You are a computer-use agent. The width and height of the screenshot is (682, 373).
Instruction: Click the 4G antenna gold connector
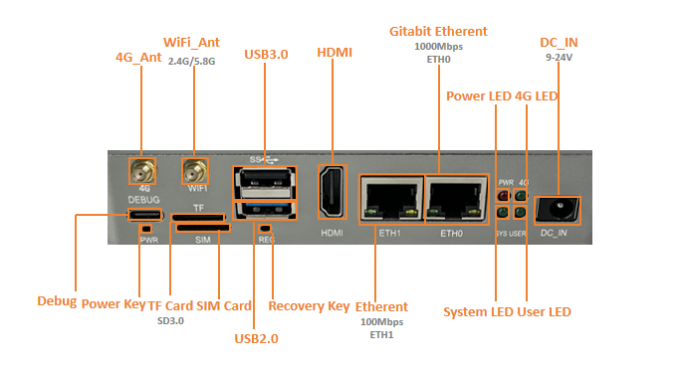pyautogui.click(x=142, y=171)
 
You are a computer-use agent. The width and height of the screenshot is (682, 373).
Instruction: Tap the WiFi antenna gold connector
pyautogui.click(x=195, y=171)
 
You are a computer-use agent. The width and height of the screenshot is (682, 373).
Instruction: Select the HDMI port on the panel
pyautogui.click(x=333, y=192)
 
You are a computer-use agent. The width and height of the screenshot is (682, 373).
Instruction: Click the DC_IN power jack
pyautogui.click(x=558, y=211)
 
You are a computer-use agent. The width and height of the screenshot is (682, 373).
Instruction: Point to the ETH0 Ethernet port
pyautogui.click(x=456, y=199)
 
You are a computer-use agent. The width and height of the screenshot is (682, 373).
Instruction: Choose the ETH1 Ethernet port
pyautogui.click(x=391, y=199)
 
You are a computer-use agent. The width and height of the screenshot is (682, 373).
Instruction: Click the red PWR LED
pyautogui.click(x=503, y=196)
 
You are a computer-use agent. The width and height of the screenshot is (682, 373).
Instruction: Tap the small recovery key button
pyautogui.click(x=265, y=228)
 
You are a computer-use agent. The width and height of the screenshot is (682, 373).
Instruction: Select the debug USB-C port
pyautogui.click(x=144, y=215)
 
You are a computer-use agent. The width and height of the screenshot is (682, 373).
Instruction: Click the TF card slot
pyautogui.click(x=198, y=218)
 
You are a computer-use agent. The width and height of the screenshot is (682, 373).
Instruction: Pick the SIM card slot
pyautogui.click(x=203, y=228)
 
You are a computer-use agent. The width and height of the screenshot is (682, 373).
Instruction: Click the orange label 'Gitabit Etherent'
pyautogui.click(x=438, y=31)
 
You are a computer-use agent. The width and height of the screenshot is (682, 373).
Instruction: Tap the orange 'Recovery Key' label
pyautogui.click(x=309, y=306)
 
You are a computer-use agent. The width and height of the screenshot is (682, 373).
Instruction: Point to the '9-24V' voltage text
pyautogui.click(x=559, y=58)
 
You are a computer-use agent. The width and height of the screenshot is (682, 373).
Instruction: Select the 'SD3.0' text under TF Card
pyautogui.click(x=170, y=321)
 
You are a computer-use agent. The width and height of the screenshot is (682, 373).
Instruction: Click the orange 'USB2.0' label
pyautogui.click(x=256, y=338)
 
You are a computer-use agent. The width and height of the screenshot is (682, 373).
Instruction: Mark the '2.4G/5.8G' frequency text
pyautogui.click(x=192, y=62)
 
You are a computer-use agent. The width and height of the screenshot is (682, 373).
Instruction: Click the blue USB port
pyautogui.click(x=265, y=210)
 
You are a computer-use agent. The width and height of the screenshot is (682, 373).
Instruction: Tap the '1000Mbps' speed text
pyautogui.click(x=438, y=47)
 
